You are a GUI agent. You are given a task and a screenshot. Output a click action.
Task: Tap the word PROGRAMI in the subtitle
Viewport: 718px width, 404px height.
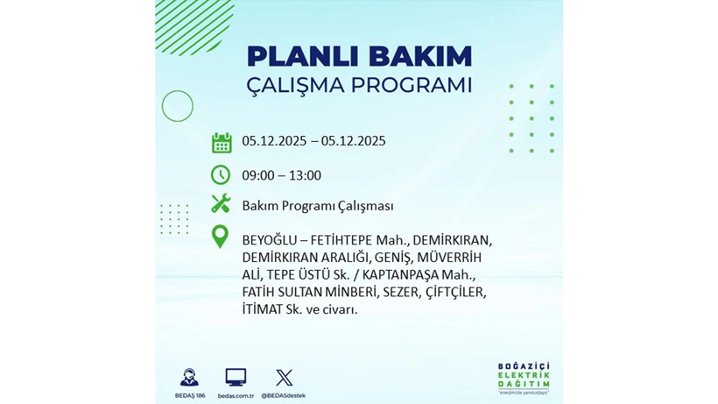408,86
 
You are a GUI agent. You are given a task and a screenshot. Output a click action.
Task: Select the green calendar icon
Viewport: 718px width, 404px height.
221,142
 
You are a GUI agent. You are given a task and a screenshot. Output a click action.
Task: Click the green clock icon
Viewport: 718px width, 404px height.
221,174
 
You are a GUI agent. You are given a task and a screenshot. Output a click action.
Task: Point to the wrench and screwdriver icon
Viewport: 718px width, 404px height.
221,204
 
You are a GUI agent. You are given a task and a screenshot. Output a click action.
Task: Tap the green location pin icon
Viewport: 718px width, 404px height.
221,237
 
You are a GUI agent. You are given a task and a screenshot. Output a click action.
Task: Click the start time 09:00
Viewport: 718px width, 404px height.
257,175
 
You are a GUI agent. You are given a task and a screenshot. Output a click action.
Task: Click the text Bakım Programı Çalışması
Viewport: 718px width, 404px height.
317,206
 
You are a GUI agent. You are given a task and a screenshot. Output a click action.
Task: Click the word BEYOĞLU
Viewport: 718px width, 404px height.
269,239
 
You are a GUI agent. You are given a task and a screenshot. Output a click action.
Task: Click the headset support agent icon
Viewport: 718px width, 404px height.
188,378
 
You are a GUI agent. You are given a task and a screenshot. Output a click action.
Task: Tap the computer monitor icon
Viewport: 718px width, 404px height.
236,378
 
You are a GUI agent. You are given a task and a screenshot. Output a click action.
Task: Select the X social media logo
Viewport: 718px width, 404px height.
285,378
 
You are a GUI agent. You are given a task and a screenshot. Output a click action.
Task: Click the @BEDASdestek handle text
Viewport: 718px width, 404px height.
285,395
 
